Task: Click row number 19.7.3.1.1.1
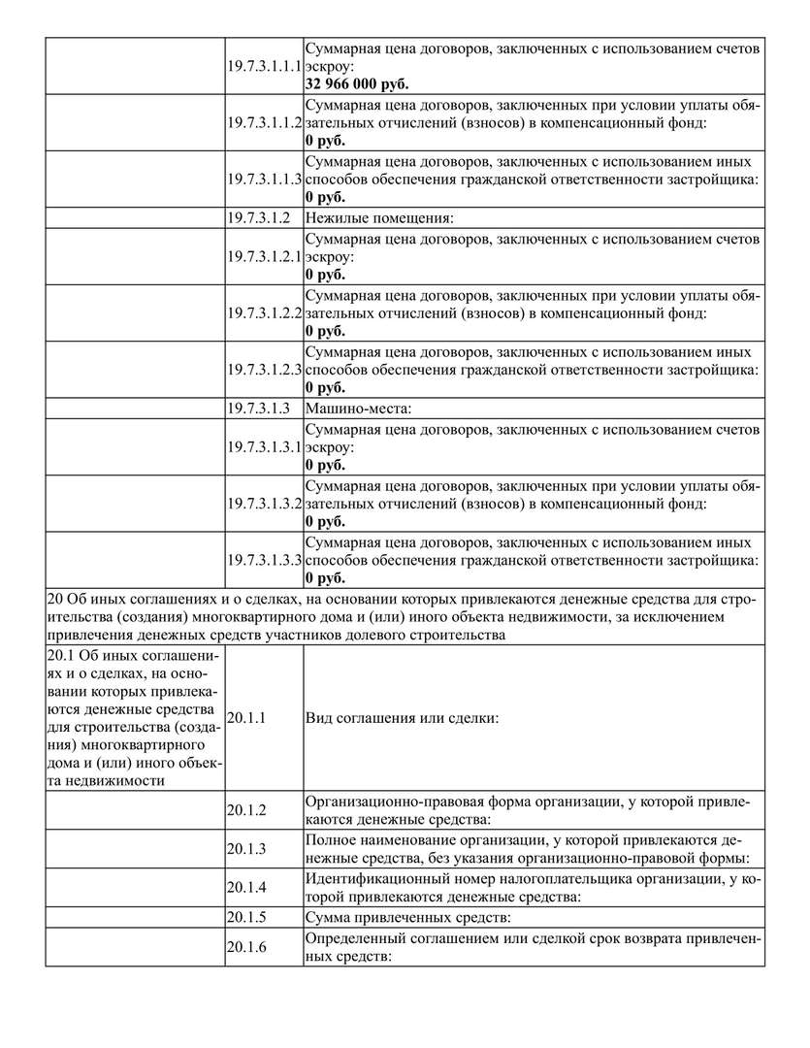pos(265,66)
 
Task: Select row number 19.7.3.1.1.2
pos(265,123)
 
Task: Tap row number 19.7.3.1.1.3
pos(265,180)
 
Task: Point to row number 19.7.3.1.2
pos(260,218)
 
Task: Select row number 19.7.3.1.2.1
pos(265,256)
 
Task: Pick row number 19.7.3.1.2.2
pos(265,313)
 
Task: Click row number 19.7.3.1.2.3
pos(265,370)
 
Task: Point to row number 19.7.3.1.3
pos(260,409)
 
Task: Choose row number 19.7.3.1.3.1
pos(265,446)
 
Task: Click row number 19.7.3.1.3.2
pos(265,504)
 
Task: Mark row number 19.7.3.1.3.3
pos(265,560)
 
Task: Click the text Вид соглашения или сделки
pos(402,718)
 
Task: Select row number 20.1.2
pos(246,809)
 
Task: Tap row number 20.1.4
pos(246,887)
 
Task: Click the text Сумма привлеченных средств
pos(407,916)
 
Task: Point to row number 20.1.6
pos(246,946)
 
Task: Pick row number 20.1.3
pos(246,848)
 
